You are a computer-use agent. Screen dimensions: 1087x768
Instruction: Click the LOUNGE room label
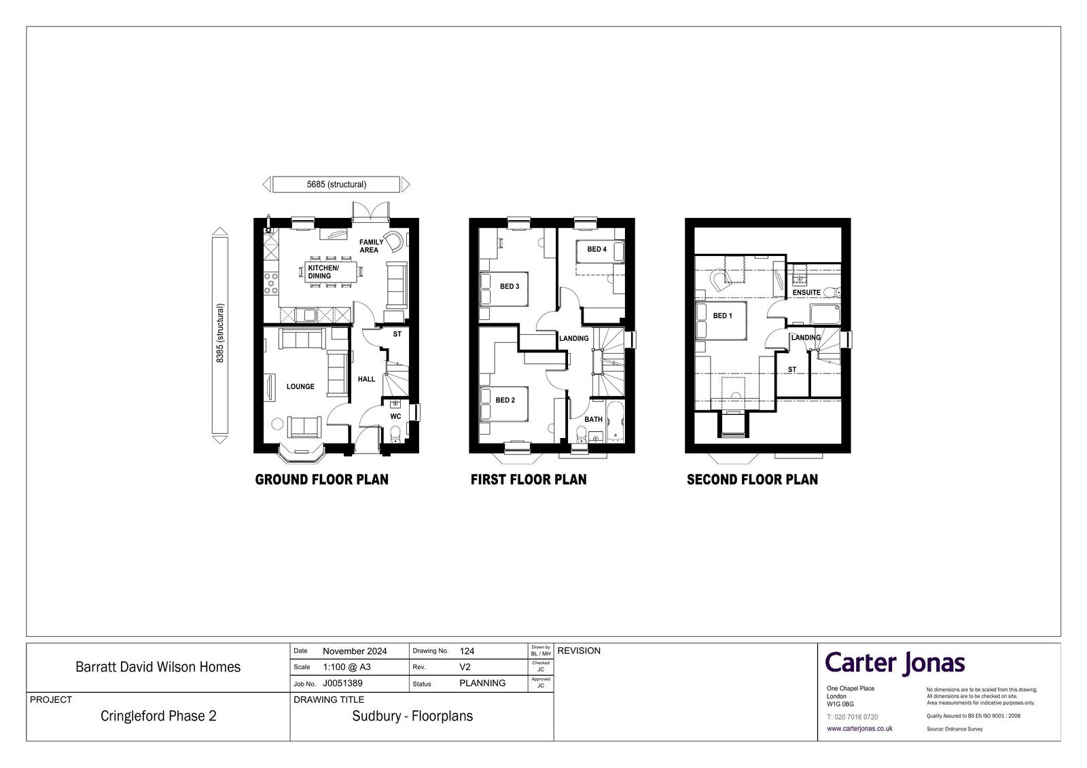tap(300, 386)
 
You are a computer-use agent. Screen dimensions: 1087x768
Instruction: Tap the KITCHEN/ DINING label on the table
tap(323, 272)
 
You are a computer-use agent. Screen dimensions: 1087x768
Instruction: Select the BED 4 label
tap(597, 249)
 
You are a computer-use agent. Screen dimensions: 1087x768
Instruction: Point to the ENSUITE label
tap(806, 293)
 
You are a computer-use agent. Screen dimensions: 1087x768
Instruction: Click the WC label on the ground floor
tap(395, 416)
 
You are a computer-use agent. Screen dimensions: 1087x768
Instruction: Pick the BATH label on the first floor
tap(593, 419)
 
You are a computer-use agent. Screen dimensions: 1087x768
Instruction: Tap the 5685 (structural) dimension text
tap(336, 184)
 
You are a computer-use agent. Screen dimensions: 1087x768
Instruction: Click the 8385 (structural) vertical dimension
tap(220, 333)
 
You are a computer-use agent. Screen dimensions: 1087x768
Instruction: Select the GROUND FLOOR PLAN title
tap(322, 479)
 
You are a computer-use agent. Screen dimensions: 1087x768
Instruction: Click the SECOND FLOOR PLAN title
tap(752, 479)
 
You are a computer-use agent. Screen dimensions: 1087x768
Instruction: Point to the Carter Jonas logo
tap(895, 663)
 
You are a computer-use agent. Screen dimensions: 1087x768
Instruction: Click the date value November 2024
tap(355, 651)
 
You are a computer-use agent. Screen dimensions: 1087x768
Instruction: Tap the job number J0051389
tap(342, 683)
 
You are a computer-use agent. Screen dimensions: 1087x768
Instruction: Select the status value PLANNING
tap(482, 683)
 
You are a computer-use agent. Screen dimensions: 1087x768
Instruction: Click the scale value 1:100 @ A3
tap(346, 667)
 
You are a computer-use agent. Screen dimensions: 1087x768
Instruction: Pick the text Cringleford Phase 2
tap(158, 716)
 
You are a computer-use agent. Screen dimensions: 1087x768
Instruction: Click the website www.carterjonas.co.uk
tap(859, 728)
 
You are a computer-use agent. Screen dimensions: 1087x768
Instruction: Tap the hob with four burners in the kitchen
tap(271, 283)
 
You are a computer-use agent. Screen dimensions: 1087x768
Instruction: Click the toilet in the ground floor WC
tap(395, 435)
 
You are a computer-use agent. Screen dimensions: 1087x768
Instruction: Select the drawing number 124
tap(467, 651)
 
